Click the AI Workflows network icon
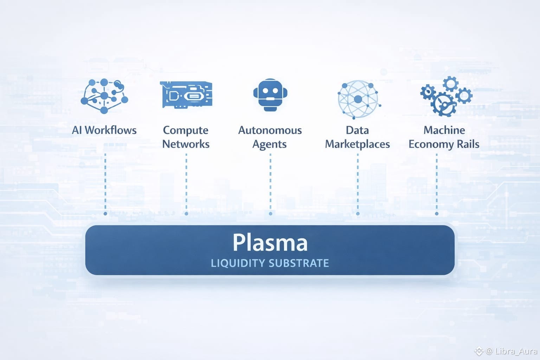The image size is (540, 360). pos(104,96)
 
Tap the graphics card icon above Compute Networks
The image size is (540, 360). pos(186,95)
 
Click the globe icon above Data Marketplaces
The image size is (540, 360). pos(358,99)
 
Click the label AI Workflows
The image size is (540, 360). pos(104,130)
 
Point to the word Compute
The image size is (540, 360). pos(186,130)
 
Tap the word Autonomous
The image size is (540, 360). pos(270,130)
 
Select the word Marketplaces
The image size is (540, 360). pos(357,144)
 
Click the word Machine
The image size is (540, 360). pos(444,130)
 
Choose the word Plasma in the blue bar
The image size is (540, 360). pos(270,243)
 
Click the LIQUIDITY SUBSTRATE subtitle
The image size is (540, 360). pos(270,263)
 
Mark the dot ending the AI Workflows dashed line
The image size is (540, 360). pos(105,214)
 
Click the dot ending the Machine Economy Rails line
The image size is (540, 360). pos(437,214)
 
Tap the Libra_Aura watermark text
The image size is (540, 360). pos(516,351)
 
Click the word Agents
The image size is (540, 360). pos(270,144)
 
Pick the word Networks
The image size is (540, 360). pos(186,144)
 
